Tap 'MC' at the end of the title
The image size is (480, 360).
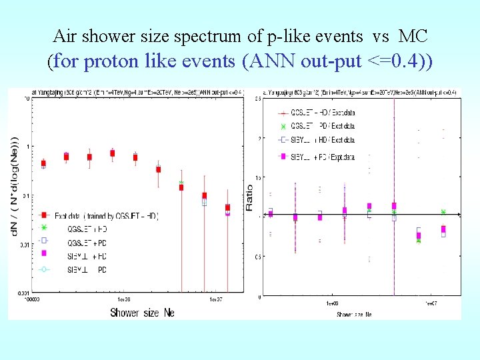pyautogui.click(x=413, y=35)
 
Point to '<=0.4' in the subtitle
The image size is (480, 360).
pyautogui.click(x=394, y=62)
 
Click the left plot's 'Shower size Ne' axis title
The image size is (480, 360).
pyautogui.click(x=142, y=312)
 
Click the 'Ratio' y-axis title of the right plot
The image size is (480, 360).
pyautogui.click(x=249, y=198)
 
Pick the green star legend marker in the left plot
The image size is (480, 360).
pyautogui.click(x=44, y=227)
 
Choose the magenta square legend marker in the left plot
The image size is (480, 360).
pyautogui.click(x=44, y=253)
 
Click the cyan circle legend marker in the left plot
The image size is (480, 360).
pyautogui.click(x=44, y=269)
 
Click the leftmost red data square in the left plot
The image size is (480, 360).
pyautogui.click(x=44, y=163)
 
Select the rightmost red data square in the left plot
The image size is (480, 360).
pyautogui.click(x=227, y=207)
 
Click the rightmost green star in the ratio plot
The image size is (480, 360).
pyautogui.click(x=443, y=212)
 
